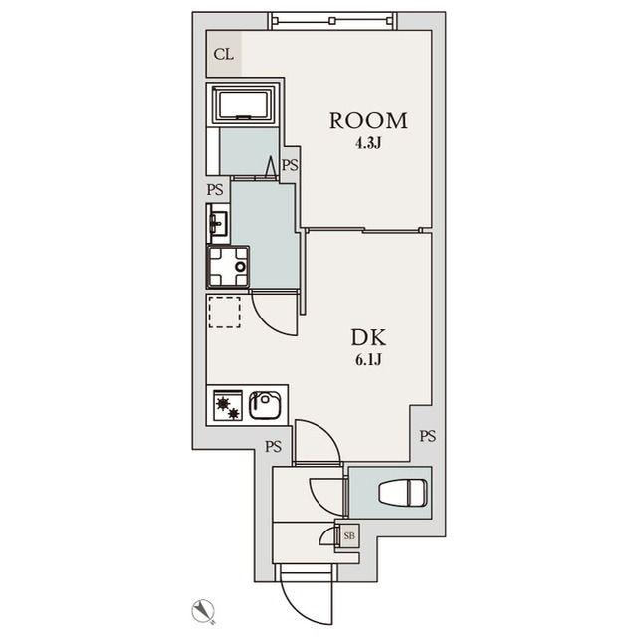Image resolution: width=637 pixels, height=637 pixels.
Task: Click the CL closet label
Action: pyautogui.click(x=223, y=54)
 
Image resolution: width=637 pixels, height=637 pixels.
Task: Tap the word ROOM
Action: pyautogui.click(x=368, y=121)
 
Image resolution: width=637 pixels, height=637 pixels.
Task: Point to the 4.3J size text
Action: pyautogui.click(x=368, y=143)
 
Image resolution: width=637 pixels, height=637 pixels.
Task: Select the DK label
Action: pyautogui.click(x=368, y=337)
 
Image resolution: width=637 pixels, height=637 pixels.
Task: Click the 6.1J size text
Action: pyautogui.click(x=368, y=360)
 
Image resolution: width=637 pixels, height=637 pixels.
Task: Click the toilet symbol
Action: pyautogui.click(x=403, y=493)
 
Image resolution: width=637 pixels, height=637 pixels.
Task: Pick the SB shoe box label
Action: pyautogui.click(x=349, y=535)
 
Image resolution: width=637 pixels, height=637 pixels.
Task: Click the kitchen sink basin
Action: pyautogui.click(x=265, y=405)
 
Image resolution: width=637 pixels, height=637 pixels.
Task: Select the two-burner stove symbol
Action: pyautogui.click(x=228, y=405)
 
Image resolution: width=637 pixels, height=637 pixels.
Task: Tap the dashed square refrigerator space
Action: pyautogui.click(x=224, y=312)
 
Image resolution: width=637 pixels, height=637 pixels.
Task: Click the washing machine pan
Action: pyautogui.click(x=228, y=266)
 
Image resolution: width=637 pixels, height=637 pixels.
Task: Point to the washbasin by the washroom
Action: pyautogui.click(x=219, y=223)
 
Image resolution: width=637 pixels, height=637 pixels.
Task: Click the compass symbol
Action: pyautogui.click(x=203, y=610)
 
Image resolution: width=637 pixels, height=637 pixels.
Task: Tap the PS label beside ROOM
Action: pyautogui.click(x=290, y=165)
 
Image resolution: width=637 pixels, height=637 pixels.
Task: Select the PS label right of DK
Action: pyautogui.click(x=428, y=436)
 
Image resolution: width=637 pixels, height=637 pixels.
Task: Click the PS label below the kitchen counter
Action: pyautogui.click(x=274, y=447)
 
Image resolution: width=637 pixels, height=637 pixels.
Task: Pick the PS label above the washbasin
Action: pyautogui.click(x=215, y=190)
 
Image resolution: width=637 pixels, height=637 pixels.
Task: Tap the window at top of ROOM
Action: pyautogui.click(x=332, y=20)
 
